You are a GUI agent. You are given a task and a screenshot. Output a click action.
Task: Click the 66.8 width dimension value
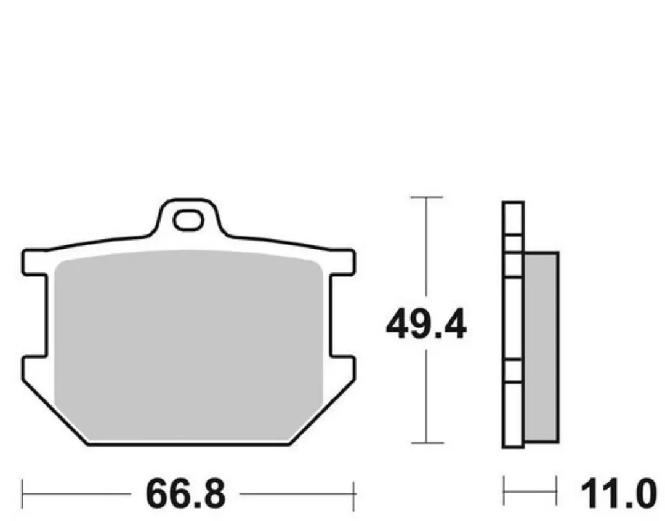185,495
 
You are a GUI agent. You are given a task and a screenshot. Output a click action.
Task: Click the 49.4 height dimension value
426,325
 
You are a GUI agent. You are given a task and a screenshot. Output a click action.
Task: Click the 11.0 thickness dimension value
618,495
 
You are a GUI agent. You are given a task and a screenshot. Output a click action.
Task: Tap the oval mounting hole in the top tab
189,220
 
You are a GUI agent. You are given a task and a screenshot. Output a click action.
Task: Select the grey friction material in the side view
542,348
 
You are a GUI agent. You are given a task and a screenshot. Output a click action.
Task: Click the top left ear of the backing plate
34,262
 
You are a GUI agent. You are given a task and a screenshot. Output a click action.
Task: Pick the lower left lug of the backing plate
33,368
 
